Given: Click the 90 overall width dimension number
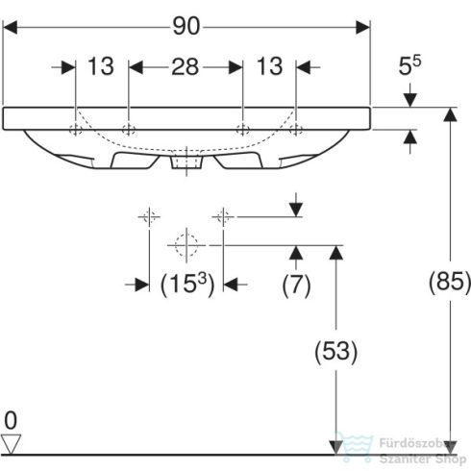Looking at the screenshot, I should tap(187, 26).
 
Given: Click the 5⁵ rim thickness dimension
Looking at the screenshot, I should tap(410, 68).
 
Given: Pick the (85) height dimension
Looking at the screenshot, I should tap(449, 282).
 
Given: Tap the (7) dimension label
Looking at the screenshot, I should tap(296, 284).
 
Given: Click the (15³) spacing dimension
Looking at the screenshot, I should tap(185, 284).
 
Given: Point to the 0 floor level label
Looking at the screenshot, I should tap(11, 420).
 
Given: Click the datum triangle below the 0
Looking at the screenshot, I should tap(11, 442).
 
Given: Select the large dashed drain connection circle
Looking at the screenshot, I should tap(186, 245).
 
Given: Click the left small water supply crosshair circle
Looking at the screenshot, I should tap(148, 217).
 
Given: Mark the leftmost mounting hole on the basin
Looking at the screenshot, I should tap(75, 129).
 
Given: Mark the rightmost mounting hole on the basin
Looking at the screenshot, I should tap(296, 129).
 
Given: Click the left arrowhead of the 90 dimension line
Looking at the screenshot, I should tap(11, 27).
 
